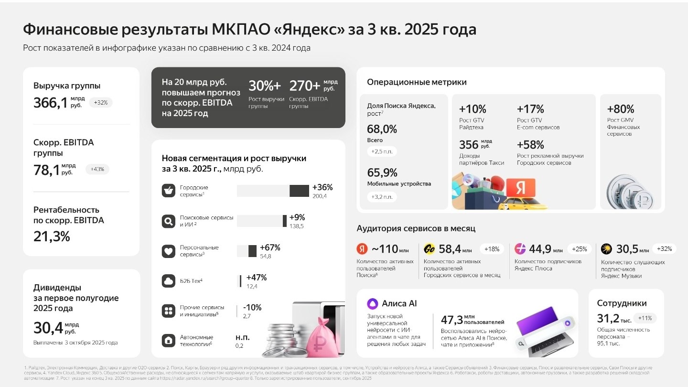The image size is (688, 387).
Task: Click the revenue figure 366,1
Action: pos(50,103)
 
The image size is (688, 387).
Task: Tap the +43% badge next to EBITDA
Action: pos(97,169)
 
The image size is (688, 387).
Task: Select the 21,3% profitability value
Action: pos(52,236)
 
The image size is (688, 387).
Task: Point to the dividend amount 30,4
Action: pos(48,328)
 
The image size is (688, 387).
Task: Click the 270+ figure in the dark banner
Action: pos(305,86)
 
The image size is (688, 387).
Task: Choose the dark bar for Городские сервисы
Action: pos(299,191)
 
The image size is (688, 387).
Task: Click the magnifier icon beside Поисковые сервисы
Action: pos(168,221)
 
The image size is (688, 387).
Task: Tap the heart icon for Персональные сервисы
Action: pos(168,251)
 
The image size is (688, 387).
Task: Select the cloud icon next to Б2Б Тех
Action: pos(168,281)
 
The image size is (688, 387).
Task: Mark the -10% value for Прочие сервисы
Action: pos(252,308)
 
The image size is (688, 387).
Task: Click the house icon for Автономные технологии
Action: pos(168,341)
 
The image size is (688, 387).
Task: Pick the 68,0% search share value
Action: pos(382,129)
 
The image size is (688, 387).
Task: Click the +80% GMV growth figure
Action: pos(620,108)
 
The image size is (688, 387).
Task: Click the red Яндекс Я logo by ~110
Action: pos(362,249)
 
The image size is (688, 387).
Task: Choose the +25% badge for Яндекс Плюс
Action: pos(579,249)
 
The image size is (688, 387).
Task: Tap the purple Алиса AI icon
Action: pos(372,303)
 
